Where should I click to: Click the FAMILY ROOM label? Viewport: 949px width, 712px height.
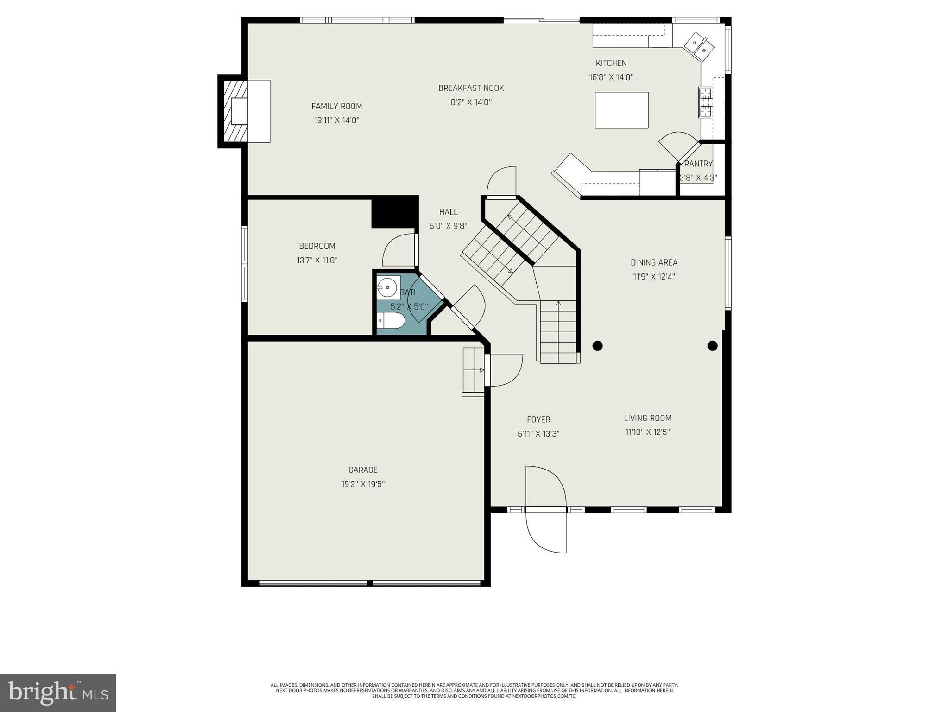click(336, 106)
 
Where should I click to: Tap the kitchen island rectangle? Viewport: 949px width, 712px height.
click(621, 110)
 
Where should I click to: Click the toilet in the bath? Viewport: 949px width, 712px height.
click(390, 320)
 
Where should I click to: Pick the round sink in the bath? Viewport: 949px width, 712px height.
click(387, 287)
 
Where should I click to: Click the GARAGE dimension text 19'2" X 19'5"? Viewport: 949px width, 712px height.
click(363, 484)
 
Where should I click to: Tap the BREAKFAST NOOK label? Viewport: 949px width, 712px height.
click(471, 88)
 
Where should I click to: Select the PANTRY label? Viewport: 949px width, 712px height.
click(698, 164)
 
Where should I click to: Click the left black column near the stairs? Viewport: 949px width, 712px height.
click(597, 345)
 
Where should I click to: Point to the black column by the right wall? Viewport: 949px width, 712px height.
click(712, 345)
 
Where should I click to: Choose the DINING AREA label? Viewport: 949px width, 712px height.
click(654, 262)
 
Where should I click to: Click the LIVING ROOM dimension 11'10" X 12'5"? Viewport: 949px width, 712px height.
click(647, 432)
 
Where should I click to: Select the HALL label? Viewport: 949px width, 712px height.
click(448, 212)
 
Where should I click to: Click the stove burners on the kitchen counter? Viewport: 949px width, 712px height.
click(705, 102)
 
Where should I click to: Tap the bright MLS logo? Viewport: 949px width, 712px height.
click(58, 693)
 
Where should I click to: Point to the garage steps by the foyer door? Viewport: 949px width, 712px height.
click(473, 371)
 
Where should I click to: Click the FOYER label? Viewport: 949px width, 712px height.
click(538, 420)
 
